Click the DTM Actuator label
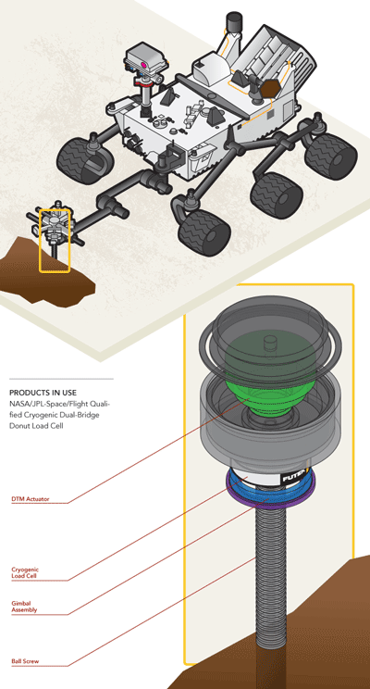[x=31, y=499]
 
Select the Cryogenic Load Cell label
[x=24, y=572]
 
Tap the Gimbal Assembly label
[x=24, y=607]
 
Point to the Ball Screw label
[x=25, y=661]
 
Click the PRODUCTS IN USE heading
[x=43, y=393]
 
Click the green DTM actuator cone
[x=270, y=378]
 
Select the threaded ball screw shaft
[x=271, y=571]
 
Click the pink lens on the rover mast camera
[x=143, y=65]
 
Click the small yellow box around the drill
[x=55, y=241]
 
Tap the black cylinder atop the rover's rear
[x=233, y=22]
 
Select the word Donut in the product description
[x=18, y=426]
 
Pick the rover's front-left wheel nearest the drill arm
[x=204, y=232]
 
